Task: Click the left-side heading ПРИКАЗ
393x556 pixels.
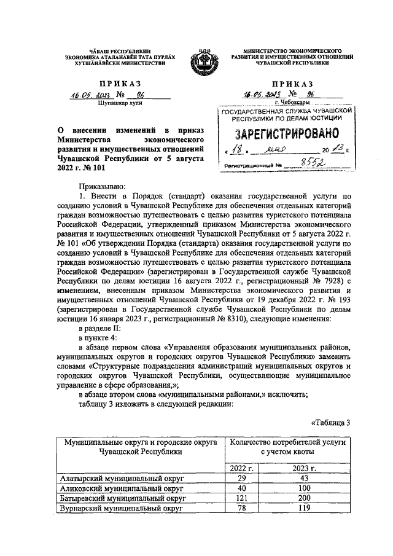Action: click(115, 83)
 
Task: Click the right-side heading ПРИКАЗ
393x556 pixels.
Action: click(290, 83)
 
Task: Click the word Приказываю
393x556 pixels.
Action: click(101, 186)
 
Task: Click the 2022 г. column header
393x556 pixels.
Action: click(241, 468)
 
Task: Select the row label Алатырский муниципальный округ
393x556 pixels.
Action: click(123, 478)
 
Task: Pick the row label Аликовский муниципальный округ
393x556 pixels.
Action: click(122, 488)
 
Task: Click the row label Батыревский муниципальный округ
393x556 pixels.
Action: click(123, 499)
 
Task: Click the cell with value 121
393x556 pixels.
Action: click(241, 499)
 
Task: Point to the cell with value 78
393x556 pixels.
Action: click(241, 509)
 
